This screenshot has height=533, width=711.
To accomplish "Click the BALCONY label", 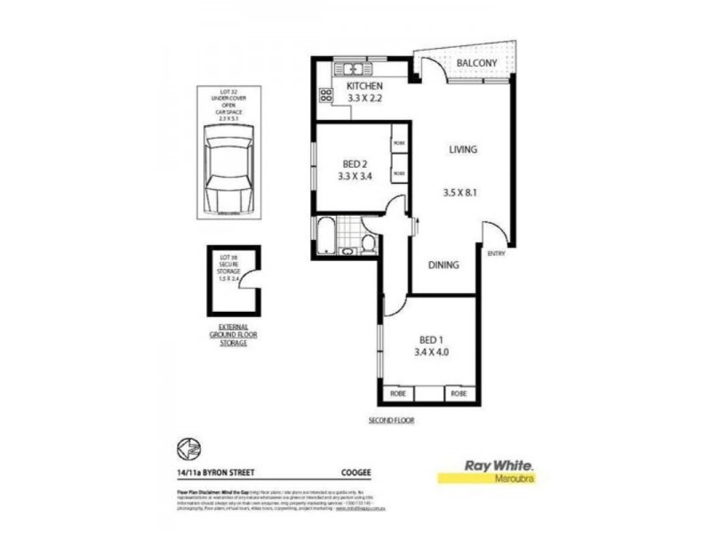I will point(476,63).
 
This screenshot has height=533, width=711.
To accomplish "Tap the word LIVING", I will point(462,150).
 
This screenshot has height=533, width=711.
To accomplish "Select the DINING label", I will point(444,265).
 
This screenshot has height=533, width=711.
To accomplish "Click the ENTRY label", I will point(497,254).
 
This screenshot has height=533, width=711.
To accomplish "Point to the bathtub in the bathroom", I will point(326,235).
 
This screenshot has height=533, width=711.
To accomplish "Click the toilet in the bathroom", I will point(368,243).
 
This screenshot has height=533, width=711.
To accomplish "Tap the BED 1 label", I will point(430,338).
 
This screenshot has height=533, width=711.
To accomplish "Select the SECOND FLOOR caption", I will point(390,419).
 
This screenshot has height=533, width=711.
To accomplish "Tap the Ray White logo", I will point(488,469).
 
